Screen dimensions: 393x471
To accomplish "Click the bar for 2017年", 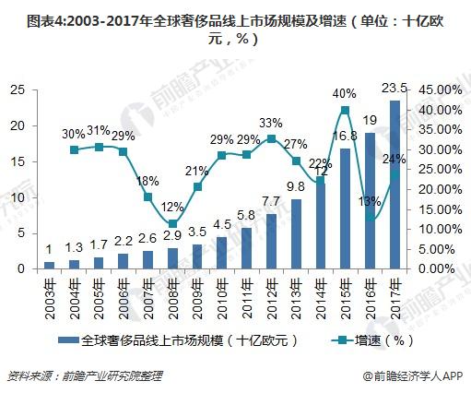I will pos(394,185).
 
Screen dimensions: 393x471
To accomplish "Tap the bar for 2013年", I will pos(296,233).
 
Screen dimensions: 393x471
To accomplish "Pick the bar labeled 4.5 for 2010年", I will pos(222,253).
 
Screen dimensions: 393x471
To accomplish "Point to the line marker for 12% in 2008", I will pos(172,223).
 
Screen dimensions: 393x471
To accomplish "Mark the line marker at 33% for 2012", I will pos(271,139).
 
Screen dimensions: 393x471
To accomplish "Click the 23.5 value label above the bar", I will pos(394,88).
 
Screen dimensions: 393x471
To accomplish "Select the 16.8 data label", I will pos(346,136).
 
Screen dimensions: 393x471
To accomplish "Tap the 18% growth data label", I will pos(147,182).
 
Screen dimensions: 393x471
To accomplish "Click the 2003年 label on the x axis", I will pos(50,296).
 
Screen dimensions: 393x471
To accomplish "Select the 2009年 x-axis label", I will pos(197,296).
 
